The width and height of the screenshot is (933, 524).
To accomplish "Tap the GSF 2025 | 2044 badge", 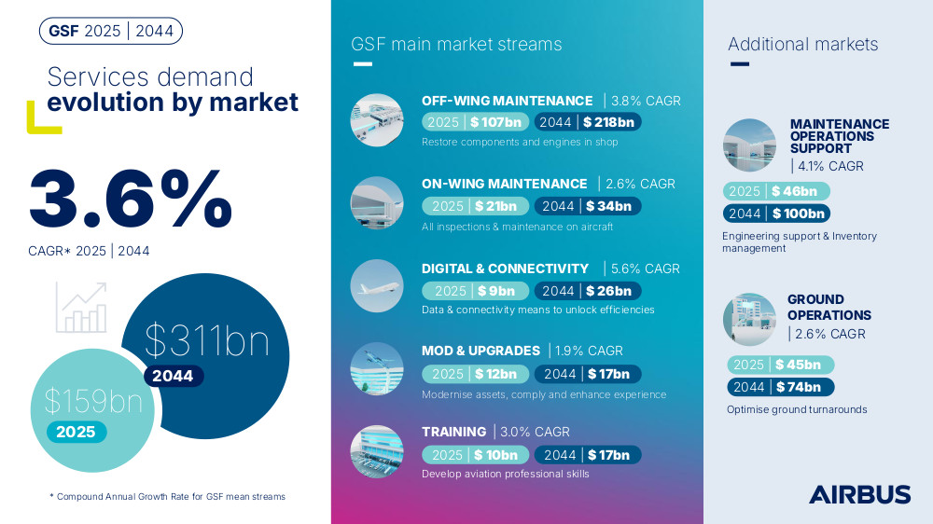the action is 111,31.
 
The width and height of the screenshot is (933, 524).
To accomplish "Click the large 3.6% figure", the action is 131,198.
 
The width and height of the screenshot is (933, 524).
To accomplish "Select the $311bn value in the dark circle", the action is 207,341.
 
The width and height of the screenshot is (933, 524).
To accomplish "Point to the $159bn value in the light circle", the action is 93,401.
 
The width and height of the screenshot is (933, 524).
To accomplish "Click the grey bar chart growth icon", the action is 81,307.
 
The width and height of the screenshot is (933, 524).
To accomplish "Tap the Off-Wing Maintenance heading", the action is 507,101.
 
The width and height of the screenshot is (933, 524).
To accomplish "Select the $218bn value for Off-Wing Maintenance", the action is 608,122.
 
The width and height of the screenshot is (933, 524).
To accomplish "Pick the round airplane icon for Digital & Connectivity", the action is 377,286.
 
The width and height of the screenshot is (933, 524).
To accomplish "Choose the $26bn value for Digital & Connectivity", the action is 608,291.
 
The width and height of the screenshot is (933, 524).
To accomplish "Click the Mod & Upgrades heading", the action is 480,351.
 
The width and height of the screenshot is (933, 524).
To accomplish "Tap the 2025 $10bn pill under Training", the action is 476,455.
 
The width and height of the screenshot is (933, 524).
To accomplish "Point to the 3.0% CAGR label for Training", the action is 535,432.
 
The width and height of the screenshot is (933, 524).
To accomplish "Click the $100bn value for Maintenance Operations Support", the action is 799,214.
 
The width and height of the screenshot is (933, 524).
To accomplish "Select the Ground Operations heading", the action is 829,308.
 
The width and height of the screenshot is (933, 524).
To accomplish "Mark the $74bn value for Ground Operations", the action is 799,387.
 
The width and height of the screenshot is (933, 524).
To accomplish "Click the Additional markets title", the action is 802,44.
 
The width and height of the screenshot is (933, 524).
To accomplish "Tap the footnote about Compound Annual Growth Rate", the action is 167,497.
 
